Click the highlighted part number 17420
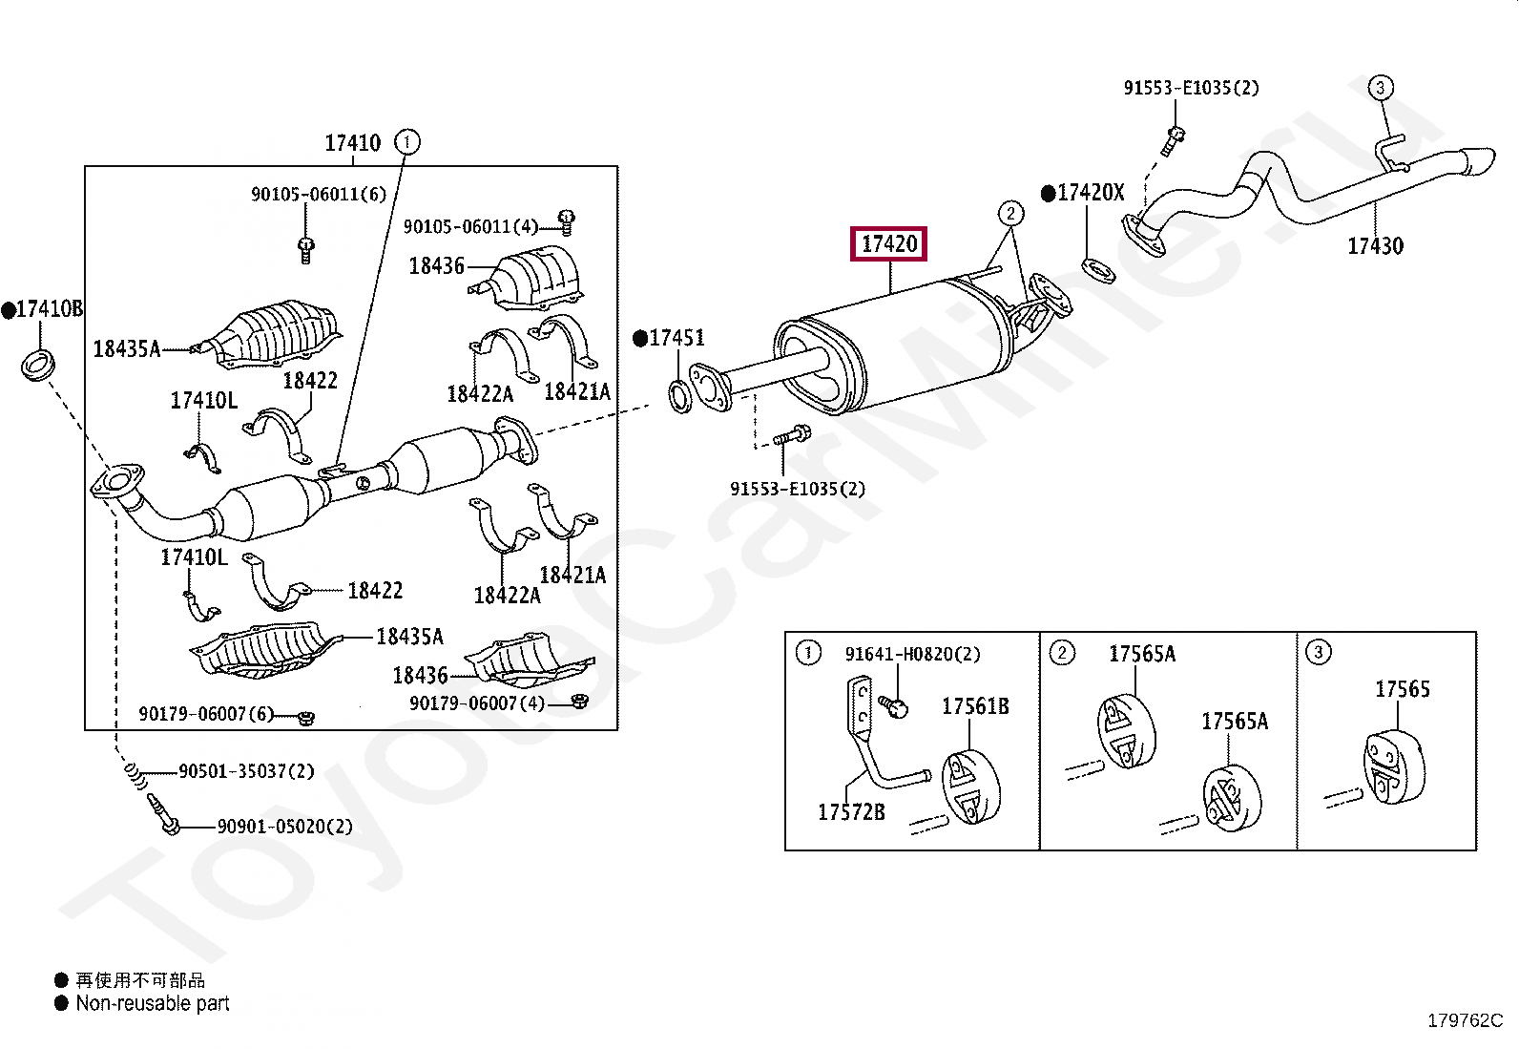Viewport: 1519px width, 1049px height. point(889,244)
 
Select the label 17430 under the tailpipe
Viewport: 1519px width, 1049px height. point(1375,246)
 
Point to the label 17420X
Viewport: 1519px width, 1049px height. point(1090,193)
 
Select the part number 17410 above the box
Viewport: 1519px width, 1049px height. point(352,143)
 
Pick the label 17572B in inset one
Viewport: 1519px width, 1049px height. point(851,812)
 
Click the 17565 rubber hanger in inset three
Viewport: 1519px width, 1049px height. point(1390,768)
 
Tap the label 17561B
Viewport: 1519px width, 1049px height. point(975,706)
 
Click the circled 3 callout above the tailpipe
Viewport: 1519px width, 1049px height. point(1380,88)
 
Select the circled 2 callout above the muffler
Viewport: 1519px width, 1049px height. point(1011,213)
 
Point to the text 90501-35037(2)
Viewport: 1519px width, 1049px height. point(245,771)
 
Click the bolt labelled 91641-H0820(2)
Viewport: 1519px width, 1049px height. point(896,706)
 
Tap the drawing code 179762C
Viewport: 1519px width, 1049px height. point(1465,1021)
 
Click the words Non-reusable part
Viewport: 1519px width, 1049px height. point(153,1003)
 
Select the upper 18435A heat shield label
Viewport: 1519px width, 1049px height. point(126,349)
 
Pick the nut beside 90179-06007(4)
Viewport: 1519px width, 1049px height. point(579,703)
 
